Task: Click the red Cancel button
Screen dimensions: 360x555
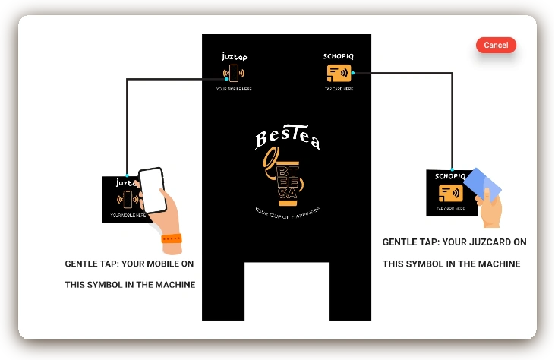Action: [x=496, y=46]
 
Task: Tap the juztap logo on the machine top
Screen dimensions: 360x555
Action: [x=234, y=56]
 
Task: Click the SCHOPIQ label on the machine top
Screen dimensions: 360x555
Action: [x=339, y=56]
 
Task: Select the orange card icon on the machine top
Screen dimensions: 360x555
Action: [x=339, y=74]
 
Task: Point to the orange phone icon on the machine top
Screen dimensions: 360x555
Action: [x=234, y=74]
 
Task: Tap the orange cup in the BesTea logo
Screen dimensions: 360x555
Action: [x=286, y=182]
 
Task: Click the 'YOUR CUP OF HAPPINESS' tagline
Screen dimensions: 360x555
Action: [x=287, y=210]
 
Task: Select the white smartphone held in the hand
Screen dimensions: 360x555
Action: [x=153, y=190]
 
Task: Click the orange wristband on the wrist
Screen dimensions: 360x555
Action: [x=172, y=238]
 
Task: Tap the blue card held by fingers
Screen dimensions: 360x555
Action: [x=484, y=184]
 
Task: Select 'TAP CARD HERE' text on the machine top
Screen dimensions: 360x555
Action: [x=339, y=89]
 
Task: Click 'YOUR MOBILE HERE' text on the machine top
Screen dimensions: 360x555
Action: [x=234, y=89]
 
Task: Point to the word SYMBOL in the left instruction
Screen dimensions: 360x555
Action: [x=105, y=285]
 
